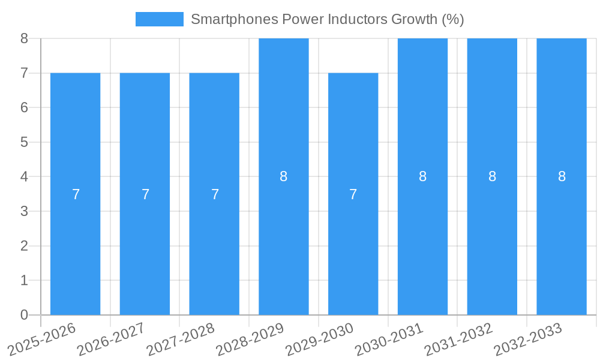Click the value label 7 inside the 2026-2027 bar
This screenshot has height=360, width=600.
click(145, 194)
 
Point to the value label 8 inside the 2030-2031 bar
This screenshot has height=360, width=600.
click(423, 176)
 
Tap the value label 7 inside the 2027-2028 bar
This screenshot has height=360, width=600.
click(215, 194)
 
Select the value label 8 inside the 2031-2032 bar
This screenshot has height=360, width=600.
click(492, 176)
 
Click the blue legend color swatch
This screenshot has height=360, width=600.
click(159, 19)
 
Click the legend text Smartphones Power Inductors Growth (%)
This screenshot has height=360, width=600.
click(327, 19)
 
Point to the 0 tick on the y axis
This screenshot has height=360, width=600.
click(24, 315)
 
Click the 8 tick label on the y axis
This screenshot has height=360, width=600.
click(24, 38)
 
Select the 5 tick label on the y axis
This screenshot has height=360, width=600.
click(24, 142)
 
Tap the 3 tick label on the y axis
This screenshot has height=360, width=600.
click(24, 211)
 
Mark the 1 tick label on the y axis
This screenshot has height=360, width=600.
click(24, 280)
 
